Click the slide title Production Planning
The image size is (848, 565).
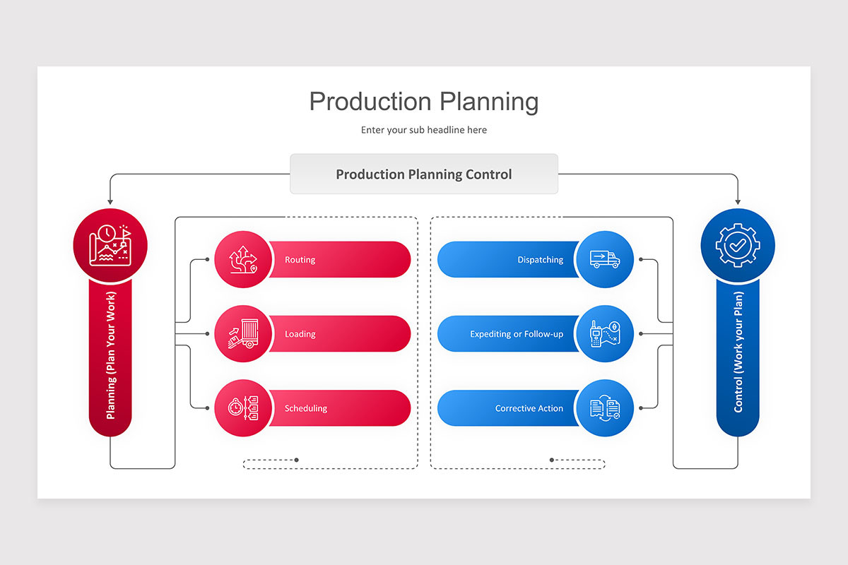(423, 102)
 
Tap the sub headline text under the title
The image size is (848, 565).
(423, 130)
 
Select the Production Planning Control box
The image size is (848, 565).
(423, 174)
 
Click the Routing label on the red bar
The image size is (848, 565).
(300, 260)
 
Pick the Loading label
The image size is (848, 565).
(300, 334)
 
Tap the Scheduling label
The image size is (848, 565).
(305, 408)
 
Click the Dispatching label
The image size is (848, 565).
(540, 260)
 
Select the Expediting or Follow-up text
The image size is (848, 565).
(517, 334)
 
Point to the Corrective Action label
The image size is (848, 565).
(529, 408)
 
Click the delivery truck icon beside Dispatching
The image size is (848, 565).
(604, 259)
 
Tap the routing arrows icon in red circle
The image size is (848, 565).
(242, 259)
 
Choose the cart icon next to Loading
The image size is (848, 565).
(242, 333)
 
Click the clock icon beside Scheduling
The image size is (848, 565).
(242, 408)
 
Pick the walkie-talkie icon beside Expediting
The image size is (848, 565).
(604, 333)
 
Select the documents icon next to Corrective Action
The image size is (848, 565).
(604, 408)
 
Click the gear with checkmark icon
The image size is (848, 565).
(737, 245)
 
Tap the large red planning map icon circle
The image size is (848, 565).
(110, 245)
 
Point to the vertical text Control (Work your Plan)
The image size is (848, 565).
(738, 352)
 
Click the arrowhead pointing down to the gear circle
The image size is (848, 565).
(738, 202)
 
